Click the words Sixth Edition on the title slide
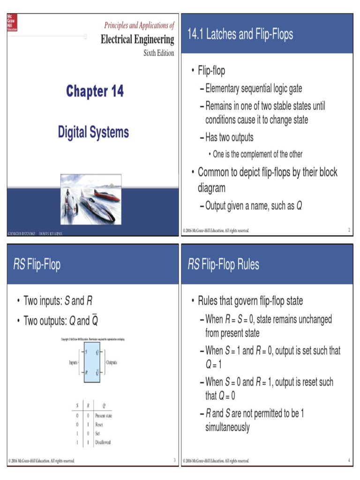(158, 53)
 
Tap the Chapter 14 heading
(95, 91)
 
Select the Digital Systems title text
(93, 132)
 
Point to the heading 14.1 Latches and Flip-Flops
(240, 34)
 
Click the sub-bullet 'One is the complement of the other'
(257, 154)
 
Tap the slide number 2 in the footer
(349, 230)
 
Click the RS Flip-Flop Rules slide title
(223, 264)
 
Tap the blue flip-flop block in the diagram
(92, 362)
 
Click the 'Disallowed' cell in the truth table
(103, 442)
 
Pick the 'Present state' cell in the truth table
(104, 415)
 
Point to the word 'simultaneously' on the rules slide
(227, 427)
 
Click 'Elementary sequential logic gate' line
(254, 88)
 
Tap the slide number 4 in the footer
(349, 460)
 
